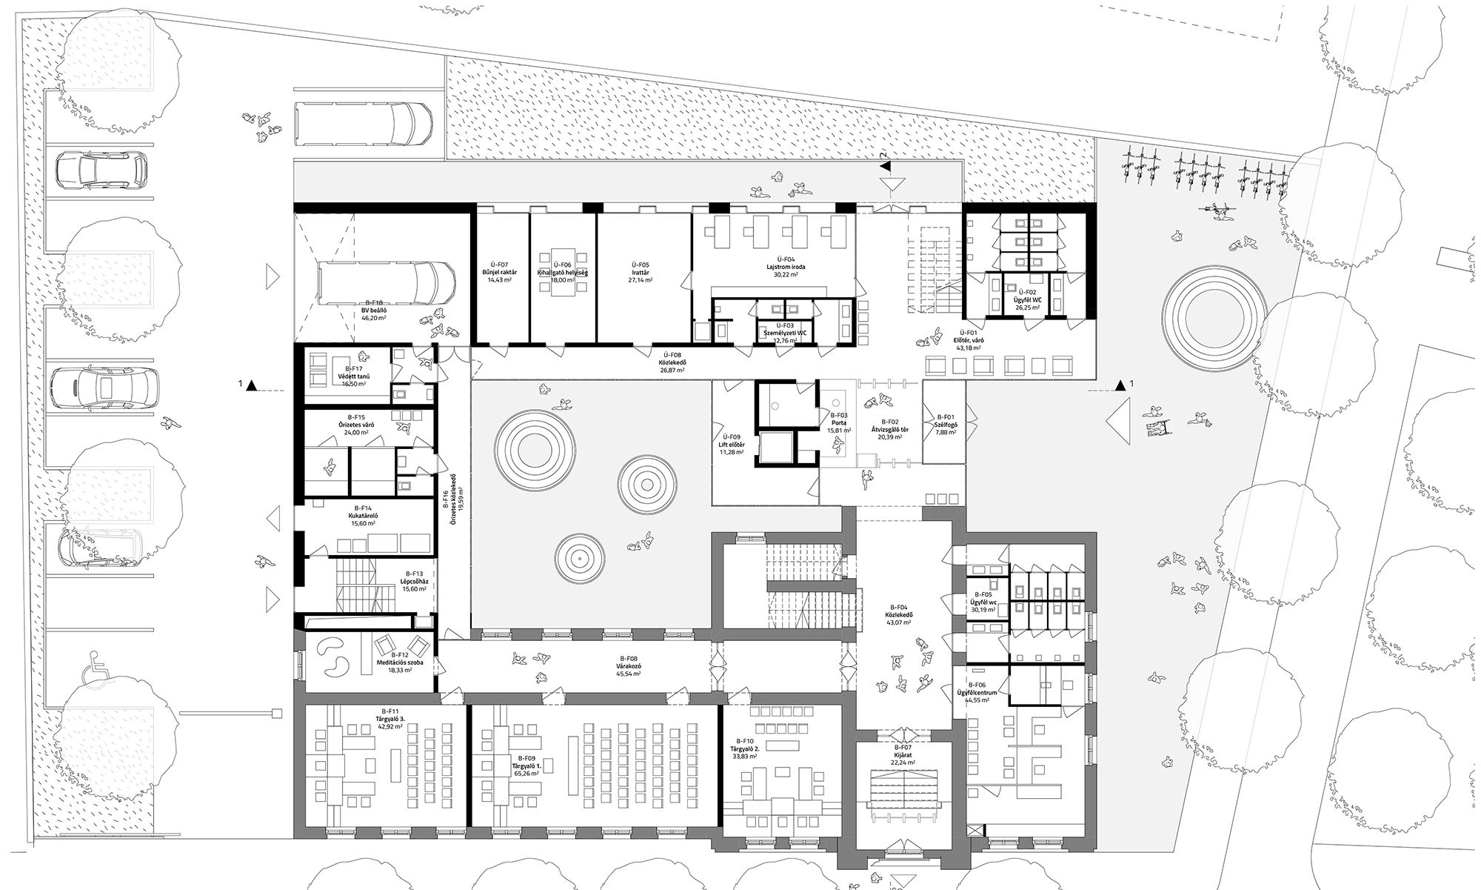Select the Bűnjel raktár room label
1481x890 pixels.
tap(501, 273)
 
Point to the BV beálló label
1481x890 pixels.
tap(374, 310)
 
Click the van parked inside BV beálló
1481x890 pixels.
tap(384, 285)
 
